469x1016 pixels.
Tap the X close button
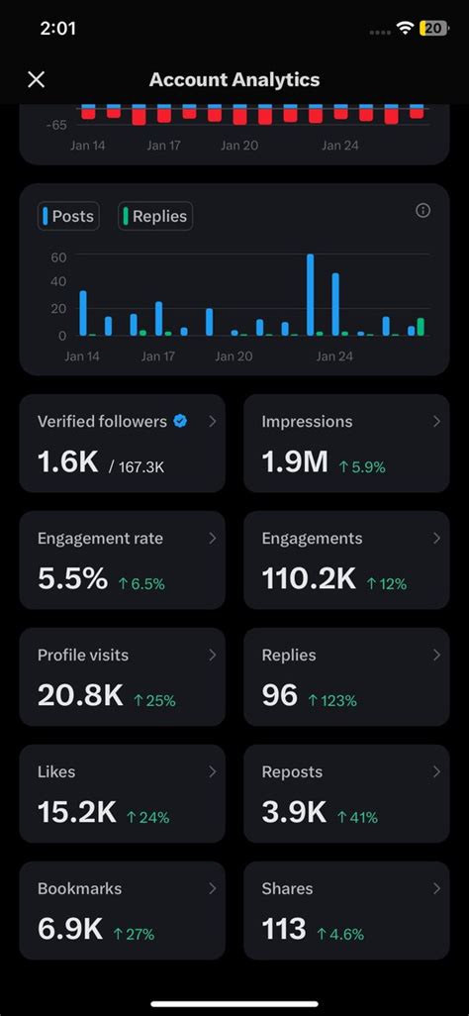click(x=37, y=79)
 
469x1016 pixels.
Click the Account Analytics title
click(x=234, y=79)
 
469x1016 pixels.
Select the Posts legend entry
click(x=68, y=217)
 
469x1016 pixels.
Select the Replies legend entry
click(x=155, y=217)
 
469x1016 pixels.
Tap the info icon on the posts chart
click(x=423, y=211)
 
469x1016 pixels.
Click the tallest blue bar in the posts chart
click(x=311, y=295)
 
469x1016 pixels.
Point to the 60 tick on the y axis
click(x=58, y=256)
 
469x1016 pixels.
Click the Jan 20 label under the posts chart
click(x=234, y=356)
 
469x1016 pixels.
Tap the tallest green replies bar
click(x=421, y=327)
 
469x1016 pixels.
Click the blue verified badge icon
click(x=181, y=421)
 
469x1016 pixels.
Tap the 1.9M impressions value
click(x=295, y=462)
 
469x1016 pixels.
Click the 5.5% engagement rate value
click(x=72, y=579)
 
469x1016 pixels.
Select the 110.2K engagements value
click(x=309, y=579)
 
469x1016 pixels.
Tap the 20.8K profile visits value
click(x=80, y=696)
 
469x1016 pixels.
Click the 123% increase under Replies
click(x=332, y=700)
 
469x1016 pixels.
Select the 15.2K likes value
click(x=77, y=813)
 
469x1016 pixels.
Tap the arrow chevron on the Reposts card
click(x=436, y=771)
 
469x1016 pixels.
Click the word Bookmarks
click(x=80, y=888)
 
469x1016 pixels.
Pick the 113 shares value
click(x=284, y=929)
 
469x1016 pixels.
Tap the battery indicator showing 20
click(x=433, y=28)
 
